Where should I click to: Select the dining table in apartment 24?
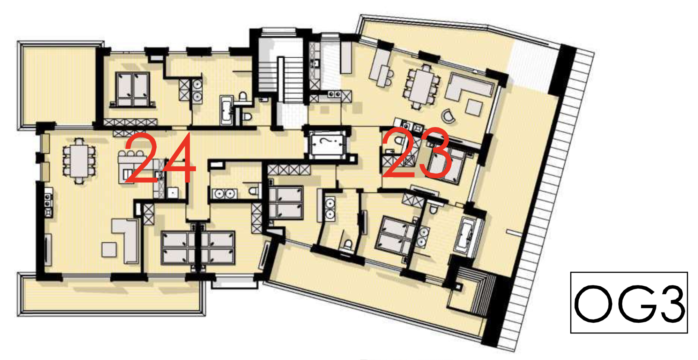(x=80, y=161)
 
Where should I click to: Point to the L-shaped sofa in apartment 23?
(x=468, y=87)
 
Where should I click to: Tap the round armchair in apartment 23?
(x=448, y=116)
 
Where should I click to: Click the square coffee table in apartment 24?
(x=109, y=249)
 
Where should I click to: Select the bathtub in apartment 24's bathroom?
(x=226, y=110)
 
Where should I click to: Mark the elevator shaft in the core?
(x=327, y=143)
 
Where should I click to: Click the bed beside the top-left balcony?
(x=132, y=89)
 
